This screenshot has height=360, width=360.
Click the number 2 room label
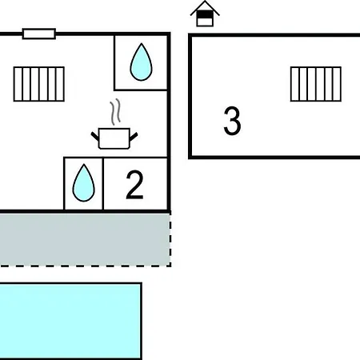tap(134, 185)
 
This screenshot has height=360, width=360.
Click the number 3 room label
tap(232, 121)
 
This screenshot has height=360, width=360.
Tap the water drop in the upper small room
tap(141, 62)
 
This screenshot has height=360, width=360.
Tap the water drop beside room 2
tap(83, 183)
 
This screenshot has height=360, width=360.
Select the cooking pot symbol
tap(114, 138)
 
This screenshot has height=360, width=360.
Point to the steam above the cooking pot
tap(115, 112)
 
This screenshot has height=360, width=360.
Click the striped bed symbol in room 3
tap(316, 84)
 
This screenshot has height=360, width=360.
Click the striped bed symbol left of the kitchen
tap(39, 84)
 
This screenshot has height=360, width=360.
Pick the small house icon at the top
tap(205, 14)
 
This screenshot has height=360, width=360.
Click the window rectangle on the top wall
tap(39, 34)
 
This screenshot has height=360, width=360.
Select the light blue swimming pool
tap(70, 321)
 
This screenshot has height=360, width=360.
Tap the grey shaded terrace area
tap(85, 239)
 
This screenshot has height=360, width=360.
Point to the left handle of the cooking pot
tap(95, 136)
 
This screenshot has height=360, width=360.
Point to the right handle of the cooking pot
tap(134, 136)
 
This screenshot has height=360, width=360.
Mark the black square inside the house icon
tap(205, 14)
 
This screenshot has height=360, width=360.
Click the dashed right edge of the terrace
tap(170, 239)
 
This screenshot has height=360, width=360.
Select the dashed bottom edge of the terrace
tap(86, 266)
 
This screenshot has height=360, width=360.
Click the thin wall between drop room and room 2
tap(103, 184)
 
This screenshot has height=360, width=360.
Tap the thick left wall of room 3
tap(190, 96)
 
